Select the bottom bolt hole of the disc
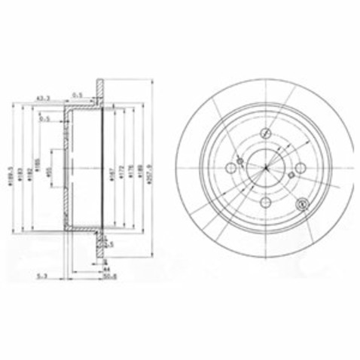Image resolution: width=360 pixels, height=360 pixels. point(265,203)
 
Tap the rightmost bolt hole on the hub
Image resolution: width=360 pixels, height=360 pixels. point(300,169)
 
